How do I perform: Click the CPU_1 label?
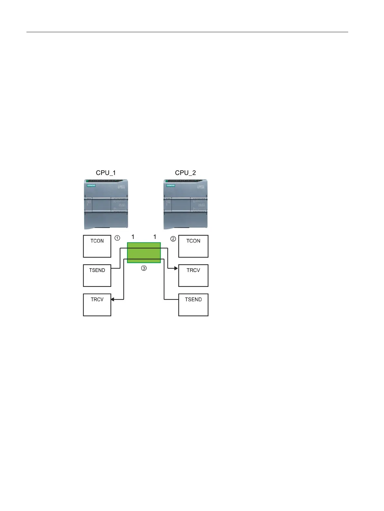[106, 173]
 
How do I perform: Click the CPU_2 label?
[185, 173]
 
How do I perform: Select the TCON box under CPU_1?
[97, 246]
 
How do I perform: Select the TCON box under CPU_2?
[193, 246]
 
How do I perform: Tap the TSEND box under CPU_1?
[97, 275]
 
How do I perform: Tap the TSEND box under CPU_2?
[193, 305]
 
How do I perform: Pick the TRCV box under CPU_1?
[97, 305]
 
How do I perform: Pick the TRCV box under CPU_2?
[193, 275]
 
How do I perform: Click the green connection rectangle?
[144, 253]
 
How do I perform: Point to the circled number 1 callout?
[117, 238]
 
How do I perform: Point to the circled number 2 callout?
[173, 239]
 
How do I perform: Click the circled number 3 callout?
[144, 268]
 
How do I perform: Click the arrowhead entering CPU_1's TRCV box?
[113, 299]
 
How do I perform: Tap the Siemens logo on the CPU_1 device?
[91, 186]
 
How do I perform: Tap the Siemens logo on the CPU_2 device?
[171, 186]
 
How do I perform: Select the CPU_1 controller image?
[106, 204]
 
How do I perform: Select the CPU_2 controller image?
[185, 204]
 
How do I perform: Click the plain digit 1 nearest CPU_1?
[133, 237]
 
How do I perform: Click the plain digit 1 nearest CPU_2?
[155, 237]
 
